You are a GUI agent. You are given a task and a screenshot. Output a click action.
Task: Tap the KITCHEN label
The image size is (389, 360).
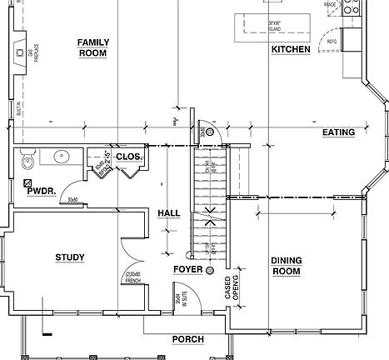[x=291, y=50]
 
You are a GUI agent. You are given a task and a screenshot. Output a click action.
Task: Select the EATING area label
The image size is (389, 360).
[x=338, y=132]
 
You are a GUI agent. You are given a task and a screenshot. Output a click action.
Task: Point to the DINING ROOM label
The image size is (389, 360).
[x=286, y=266]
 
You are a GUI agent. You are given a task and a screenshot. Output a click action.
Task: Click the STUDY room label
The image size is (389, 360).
[x=70, y=257]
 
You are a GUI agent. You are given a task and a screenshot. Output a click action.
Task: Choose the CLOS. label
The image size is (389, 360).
[x=129, y=157]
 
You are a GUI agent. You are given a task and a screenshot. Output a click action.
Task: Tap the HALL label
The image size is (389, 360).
[x=169, y=213]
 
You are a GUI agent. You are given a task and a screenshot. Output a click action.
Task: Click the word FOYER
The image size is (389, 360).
[x=187, y=270]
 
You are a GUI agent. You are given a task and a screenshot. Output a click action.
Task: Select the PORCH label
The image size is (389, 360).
[x=187, y=339]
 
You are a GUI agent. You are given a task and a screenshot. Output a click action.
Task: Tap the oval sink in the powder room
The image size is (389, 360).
[x=59, y=156]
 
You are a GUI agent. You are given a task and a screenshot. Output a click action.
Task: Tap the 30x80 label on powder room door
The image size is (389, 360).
[x=72, y=200]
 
